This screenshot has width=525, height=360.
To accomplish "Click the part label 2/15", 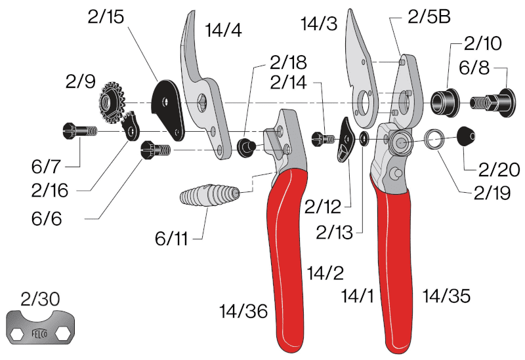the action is [x=106, y=16].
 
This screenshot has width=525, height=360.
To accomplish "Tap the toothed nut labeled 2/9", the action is [x=111, y=100].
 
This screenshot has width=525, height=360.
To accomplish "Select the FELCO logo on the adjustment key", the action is [x=39, y=333].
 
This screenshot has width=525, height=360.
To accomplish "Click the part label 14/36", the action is [x=243, y=311].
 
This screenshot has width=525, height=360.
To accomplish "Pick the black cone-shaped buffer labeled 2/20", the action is [x=466, y=136].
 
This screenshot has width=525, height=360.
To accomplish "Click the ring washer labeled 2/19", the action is [x=434, y=139].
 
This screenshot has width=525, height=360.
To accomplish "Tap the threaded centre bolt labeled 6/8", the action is [x=492, y=102].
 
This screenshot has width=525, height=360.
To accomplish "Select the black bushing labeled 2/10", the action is [x=444, y=102].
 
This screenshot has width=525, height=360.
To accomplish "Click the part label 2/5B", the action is [x=429, y=17].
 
